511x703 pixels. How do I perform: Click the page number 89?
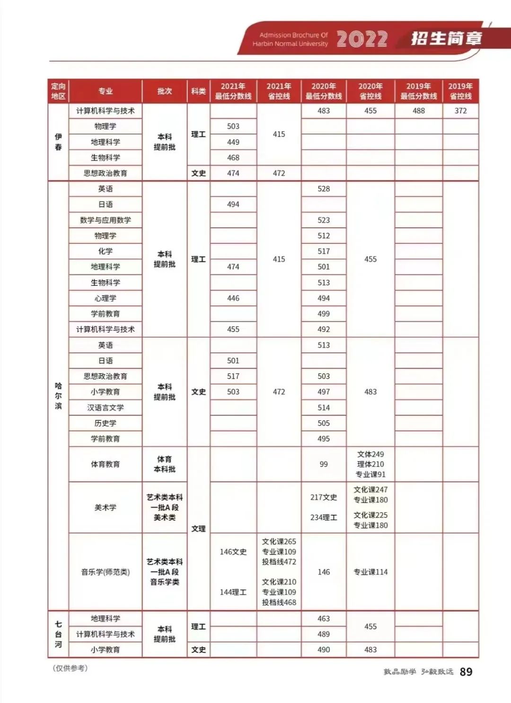coord(466,671)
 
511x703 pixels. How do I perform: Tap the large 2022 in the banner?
coord(362,39)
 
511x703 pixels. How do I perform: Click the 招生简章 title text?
coord(446,38)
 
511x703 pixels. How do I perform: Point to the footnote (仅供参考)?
coord(70,668)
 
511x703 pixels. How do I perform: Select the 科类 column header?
coord(198,91)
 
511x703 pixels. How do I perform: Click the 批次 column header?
coord(165,91)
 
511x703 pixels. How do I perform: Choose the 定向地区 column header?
coord(58,91)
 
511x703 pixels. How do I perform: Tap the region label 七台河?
coord(58,634)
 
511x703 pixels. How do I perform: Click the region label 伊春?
coord(58,142)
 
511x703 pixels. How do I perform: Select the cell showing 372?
coord(460,111)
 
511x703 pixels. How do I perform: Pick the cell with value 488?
coord(419,111)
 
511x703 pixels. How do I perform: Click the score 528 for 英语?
coord(324,189)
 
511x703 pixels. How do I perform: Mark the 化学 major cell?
coord(106,251)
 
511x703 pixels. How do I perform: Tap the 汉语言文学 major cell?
coord(106,408)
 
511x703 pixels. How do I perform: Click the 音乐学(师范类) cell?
coord(106,572)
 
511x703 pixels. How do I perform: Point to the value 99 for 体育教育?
coord(324,464)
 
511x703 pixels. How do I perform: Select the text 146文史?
coord(233,552)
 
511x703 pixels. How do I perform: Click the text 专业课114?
coord(370,572)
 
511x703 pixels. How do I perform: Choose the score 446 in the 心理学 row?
coord(233,298)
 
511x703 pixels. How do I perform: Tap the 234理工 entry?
coord(324,517)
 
